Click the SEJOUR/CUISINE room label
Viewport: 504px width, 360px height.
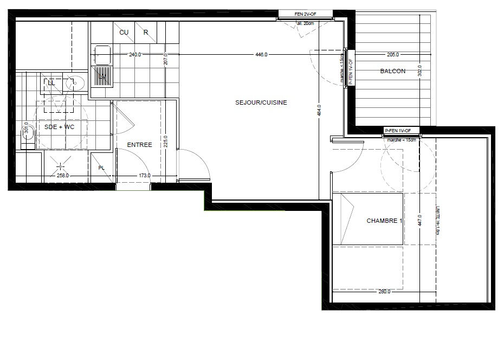click(261, 102)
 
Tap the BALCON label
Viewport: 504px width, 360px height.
click(392, 71)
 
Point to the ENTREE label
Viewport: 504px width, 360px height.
click(139, 145)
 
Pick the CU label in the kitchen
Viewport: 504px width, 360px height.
click(124, 33)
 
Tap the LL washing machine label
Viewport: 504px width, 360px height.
click(51, 83)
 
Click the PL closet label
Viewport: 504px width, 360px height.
click(101, 168)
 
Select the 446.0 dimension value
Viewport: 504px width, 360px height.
click(261, 55)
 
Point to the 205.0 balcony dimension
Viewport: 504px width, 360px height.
click(393, 55)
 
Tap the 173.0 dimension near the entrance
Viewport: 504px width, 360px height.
click(144, 176)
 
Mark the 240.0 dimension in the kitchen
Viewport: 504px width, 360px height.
click(134, 55)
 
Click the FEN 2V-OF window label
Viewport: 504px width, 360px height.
click(305, 14)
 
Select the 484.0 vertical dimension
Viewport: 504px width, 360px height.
click(319, 110)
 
